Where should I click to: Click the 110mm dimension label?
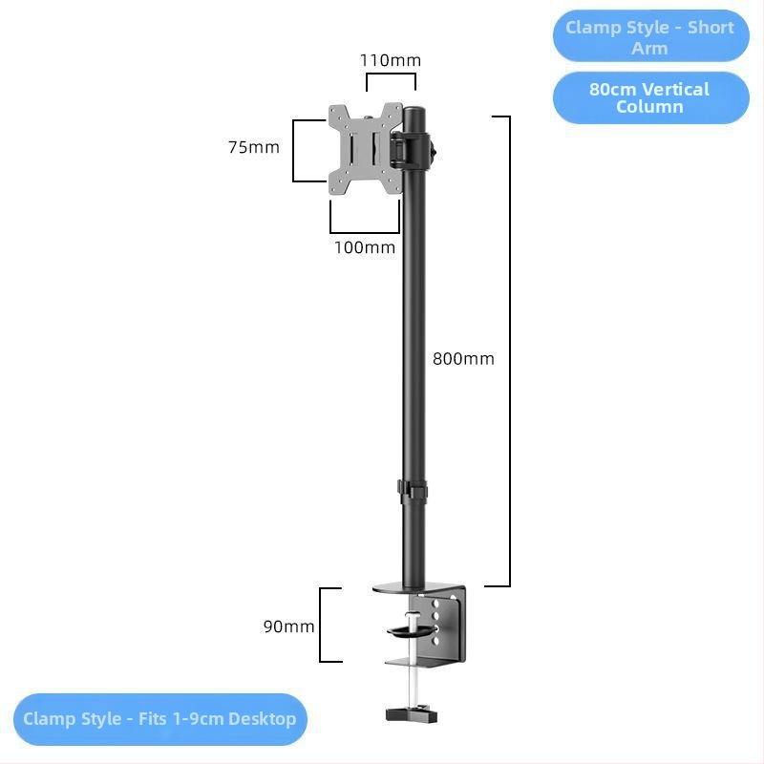[391, 60]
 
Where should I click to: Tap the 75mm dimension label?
[254, 147]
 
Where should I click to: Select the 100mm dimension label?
[365, 247]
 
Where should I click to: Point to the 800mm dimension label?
[463, 359]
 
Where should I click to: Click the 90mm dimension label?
[289, 626]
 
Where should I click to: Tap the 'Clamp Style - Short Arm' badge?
[650, 36]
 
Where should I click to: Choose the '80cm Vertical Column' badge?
[651, 98]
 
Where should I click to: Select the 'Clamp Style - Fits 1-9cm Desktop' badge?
[160, 719]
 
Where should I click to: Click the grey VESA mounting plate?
[366, 149]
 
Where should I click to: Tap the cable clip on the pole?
[413, 492]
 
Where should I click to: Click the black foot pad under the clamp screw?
[412, 713]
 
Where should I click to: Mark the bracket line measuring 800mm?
[510, 350]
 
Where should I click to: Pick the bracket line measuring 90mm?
[320, 626]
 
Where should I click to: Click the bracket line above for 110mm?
[391, 74]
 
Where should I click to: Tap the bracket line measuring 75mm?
[293, 151]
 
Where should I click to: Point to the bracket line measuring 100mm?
[365, 232]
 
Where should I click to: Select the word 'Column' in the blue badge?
[649, 107]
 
